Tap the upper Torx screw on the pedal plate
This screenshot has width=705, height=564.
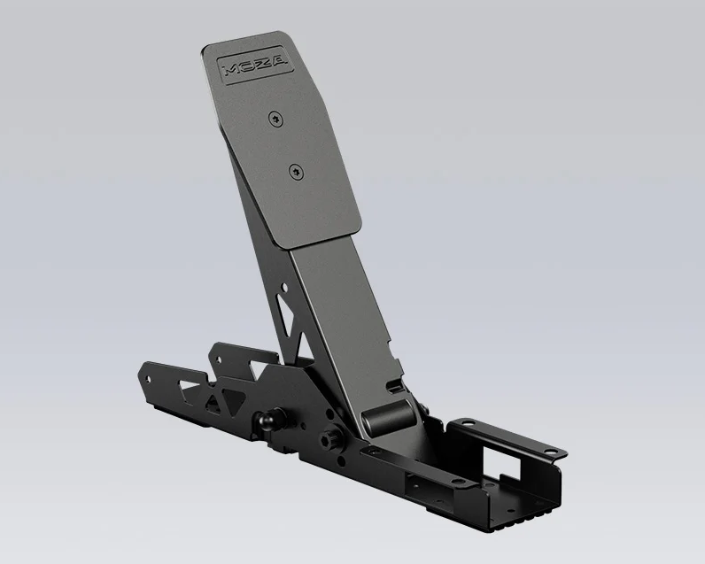tap(275, 120)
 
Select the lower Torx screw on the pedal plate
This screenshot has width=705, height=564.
tap(296, 171)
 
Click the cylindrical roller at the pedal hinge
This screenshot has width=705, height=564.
tap(388, 417)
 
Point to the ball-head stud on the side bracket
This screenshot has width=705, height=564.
tap(267, 421)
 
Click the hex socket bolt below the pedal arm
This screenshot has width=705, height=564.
tap(329, 437)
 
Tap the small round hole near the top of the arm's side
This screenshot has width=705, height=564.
tap(284, 287)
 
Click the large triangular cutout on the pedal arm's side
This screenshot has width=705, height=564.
tap(286, 314)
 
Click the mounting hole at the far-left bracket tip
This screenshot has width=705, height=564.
tap(148, 380)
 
